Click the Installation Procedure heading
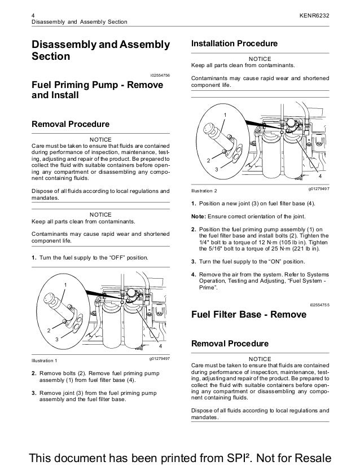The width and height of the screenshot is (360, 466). coord(235,43)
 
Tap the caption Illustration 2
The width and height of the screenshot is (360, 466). coord(209,190)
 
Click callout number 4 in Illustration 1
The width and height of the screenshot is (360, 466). coord(160,345)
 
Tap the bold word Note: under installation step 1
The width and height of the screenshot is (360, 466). coord(200,217)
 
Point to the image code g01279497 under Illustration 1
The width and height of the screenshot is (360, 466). coord(160,358)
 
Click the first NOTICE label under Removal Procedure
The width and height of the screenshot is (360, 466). coord(100,139)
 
